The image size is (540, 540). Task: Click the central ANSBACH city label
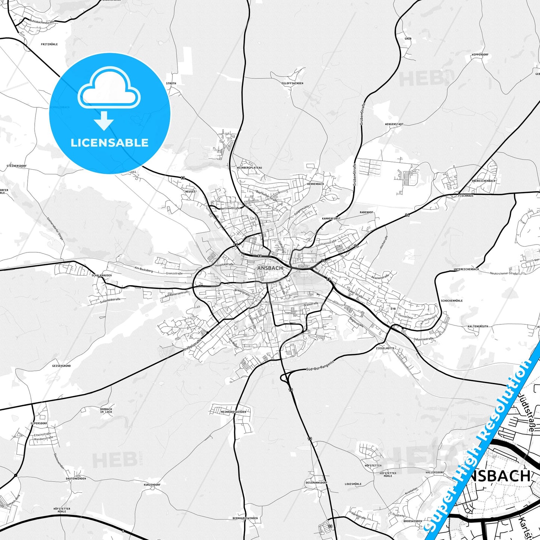click(x=270, y=268)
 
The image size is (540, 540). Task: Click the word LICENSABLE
click(x=109, y=142)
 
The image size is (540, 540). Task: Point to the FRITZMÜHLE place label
click(x=49, y=44)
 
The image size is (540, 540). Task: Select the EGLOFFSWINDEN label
click(x=292, y=83)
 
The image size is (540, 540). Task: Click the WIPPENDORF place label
click(x=480, y=55)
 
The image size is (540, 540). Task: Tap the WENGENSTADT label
click(x=394, y=124)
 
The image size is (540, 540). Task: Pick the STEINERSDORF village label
click(x=16, y=166)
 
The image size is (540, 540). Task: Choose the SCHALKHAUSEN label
click(x=102, y=275)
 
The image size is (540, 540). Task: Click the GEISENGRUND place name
click(x=61, y=366)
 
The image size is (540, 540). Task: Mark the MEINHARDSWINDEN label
click(x=234, y=412)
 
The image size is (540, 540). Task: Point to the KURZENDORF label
click(x=152, y=484)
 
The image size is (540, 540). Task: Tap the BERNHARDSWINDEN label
click(x=245, y=518)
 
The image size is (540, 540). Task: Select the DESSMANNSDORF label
click(x=316, y=482)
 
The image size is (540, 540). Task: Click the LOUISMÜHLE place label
click(x=353, y=484)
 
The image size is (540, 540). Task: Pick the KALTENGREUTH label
click(x=478, y=326)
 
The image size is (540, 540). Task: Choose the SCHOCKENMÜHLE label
click(x=451, y=300)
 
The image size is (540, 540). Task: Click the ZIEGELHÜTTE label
click(x=385, y=348)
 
